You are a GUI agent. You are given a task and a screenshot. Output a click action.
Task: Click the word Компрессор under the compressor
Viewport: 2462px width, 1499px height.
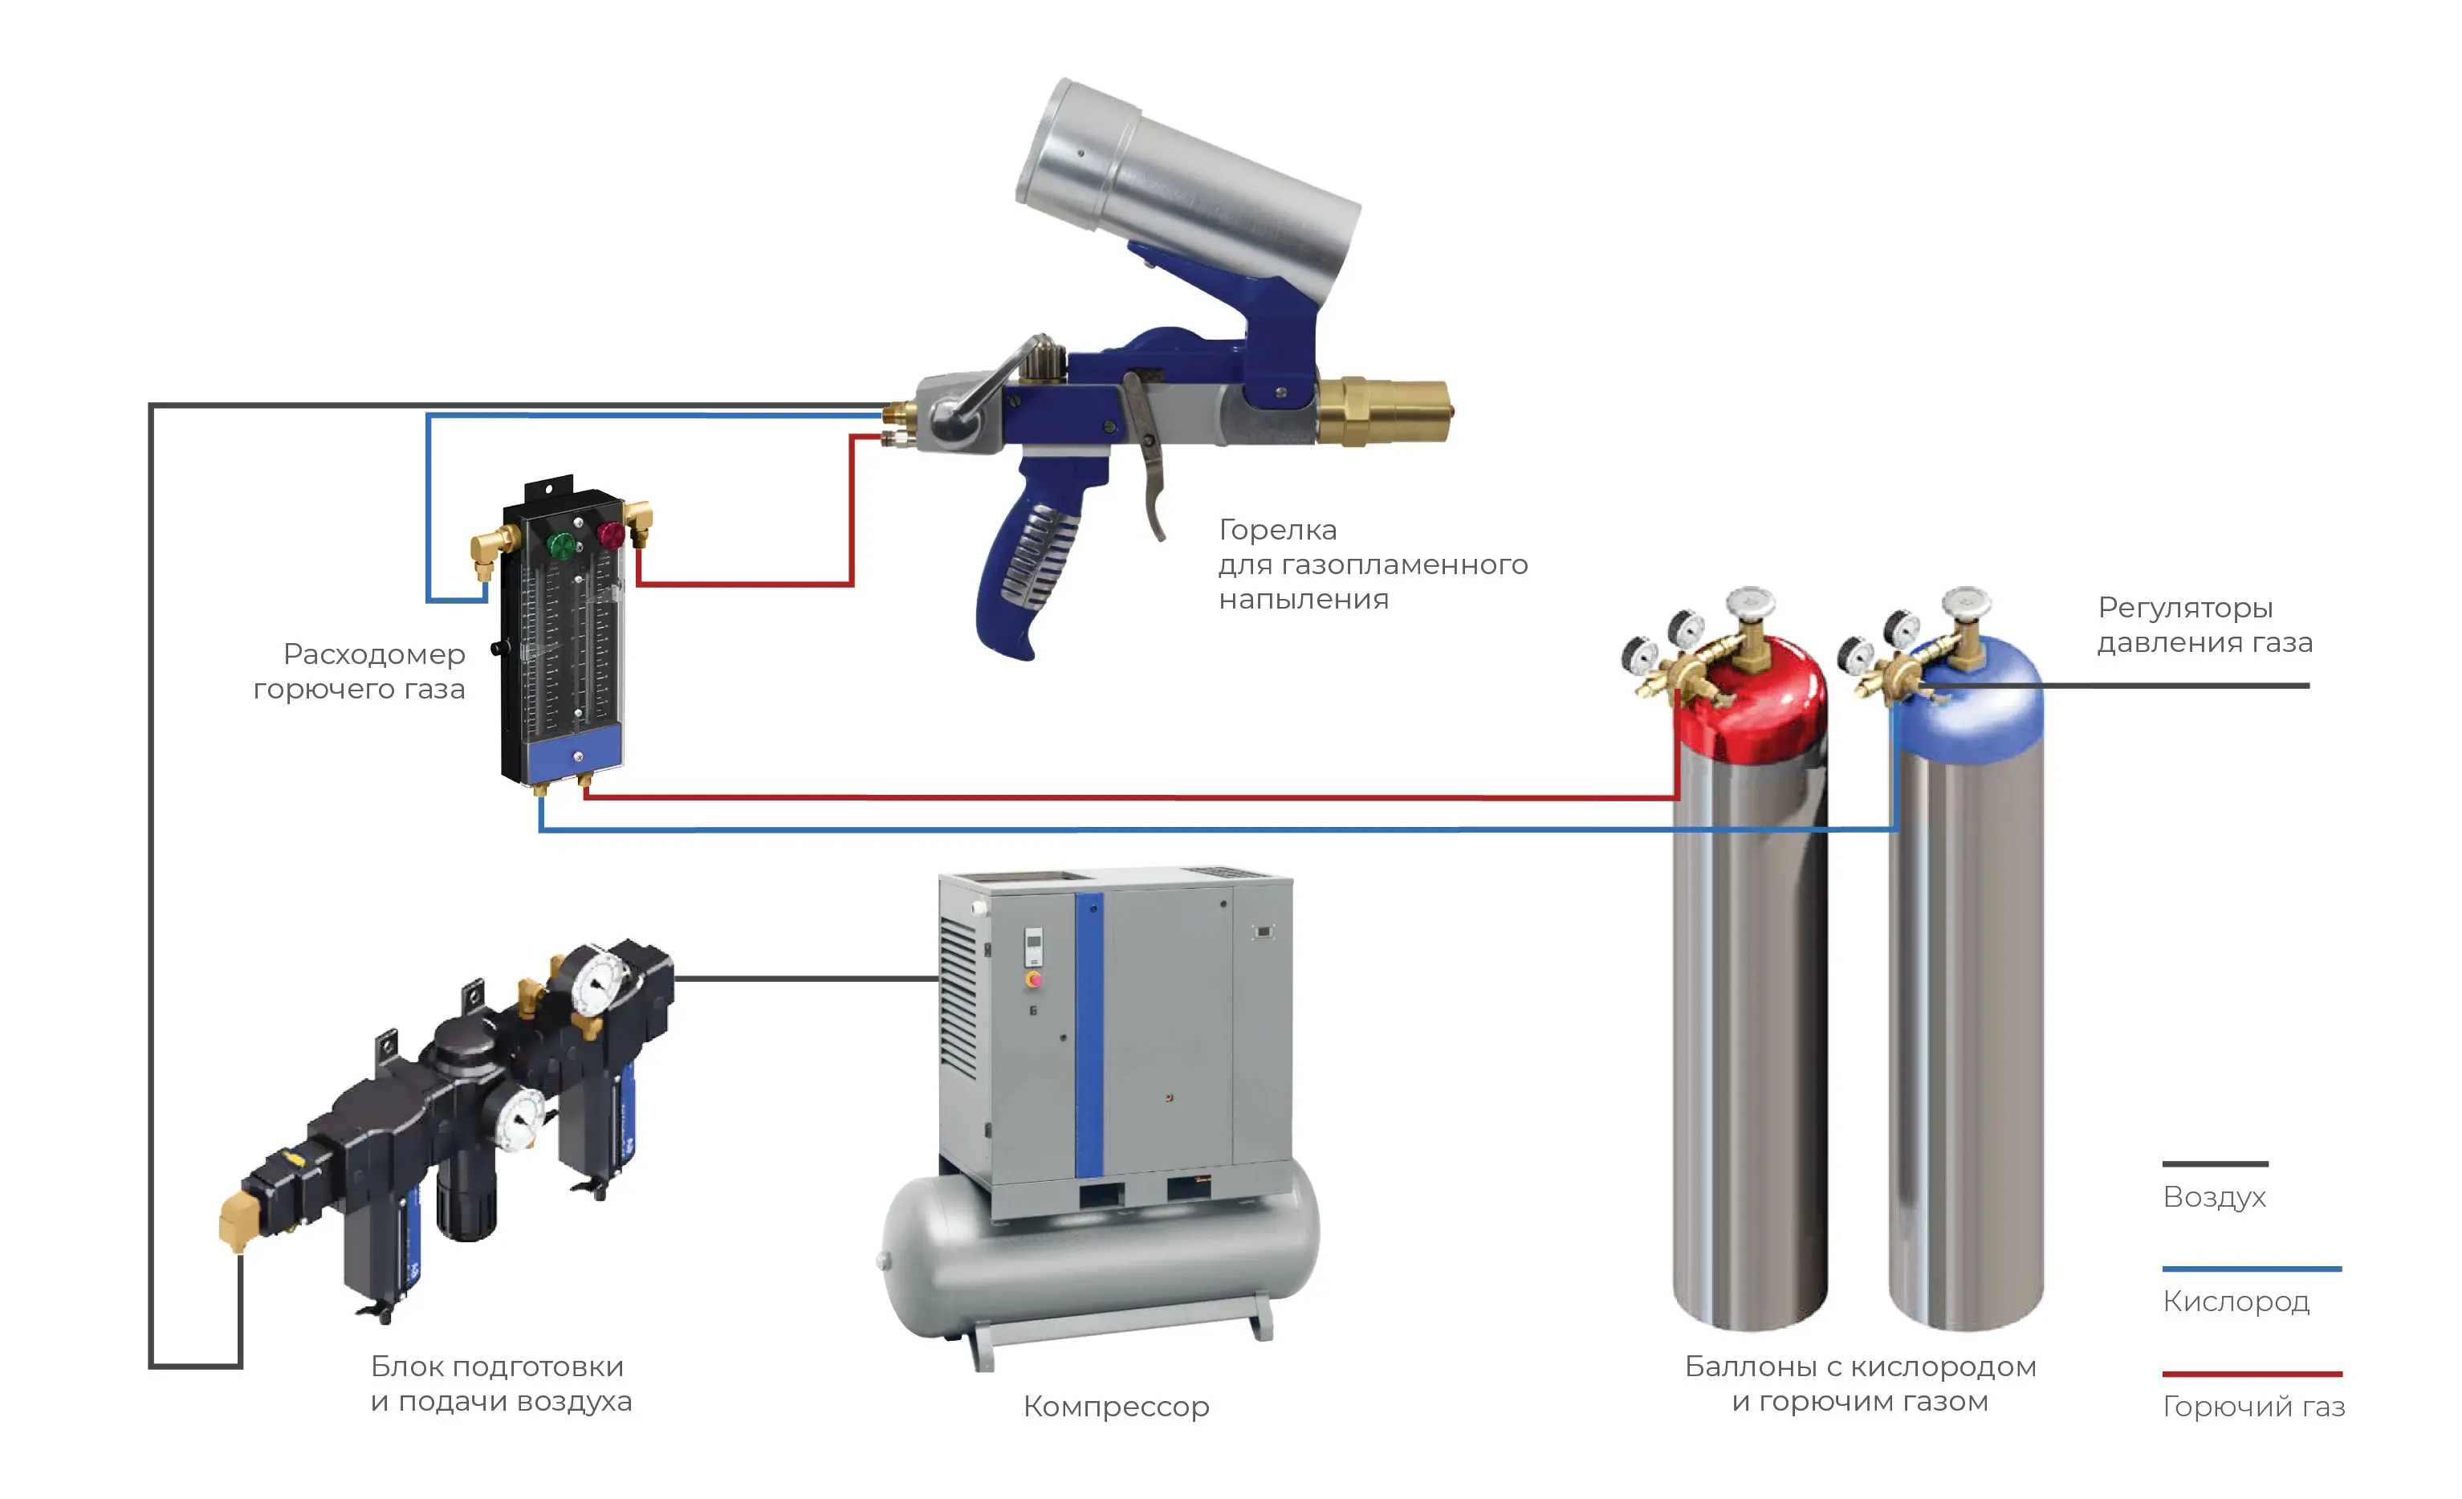1116,1406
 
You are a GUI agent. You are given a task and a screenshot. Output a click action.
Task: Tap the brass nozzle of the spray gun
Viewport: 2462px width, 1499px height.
1389,411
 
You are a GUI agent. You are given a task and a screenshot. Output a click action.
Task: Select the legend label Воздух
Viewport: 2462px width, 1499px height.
2214,1197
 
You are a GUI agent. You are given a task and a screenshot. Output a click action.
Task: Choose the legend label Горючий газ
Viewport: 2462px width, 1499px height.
2253,1406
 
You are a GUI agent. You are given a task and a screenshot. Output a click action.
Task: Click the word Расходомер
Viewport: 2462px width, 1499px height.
374,654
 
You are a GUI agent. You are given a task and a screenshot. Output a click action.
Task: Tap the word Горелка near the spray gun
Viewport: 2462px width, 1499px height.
1277,530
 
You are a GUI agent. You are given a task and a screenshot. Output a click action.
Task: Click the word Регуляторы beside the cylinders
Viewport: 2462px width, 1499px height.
2185,608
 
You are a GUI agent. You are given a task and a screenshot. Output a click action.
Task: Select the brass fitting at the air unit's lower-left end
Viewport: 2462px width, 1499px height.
237,1221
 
